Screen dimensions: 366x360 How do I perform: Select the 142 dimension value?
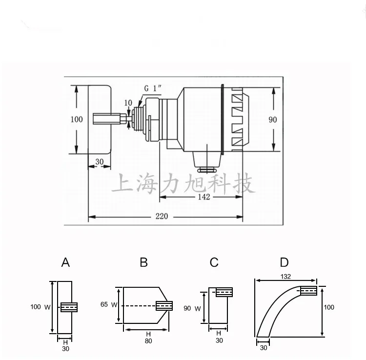tap(204, 197)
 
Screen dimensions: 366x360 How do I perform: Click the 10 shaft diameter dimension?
tap(128, 102)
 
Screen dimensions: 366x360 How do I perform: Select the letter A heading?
tap(65, 263)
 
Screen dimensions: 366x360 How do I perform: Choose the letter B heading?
tap(143, 263)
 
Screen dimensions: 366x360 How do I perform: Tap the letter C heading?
tap(214, 263)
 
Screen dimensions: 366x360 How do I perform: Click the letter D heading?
tap(285, 263)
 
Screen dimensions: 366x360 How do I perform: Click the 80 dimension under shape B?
tap(148, 340)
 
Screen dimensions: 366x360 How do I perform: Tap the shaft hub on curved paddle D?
tap(308, 291)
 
